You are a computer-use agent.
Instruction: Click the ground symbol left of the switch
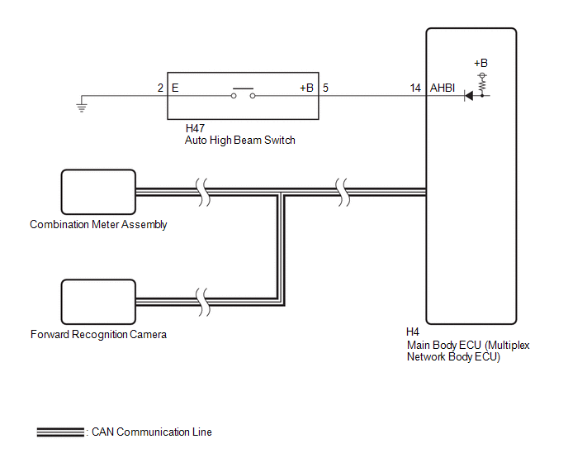[82, 107]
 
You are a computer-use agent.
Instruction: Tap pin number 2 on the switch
[160, 88]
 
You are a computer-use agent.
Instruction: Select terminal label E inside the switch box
[175, 88]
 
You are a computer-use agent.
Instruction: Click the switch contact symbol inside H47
[243, 93]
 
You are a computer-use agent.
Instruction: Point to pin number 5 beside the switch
[325, 88]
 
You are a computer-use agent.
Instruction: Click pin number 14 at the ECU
[415, 88]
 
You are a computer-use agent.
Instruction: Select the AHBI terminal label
[443, 88]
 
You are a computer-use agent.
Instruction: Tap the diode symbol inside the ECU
[469, 96]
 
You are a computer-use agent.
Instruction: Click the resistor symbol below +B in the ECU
[482, 86]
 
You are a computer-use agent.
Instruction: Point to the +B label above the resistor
[481, 63]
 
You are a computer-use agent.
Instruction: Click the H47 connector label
[195, 128]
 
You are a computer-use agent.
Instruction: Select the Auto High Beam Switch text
[239, 140]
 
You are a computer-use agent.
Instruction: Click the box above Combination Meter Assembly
[98, 192]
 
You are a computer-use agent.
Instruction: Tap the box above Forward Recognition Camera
[98, 302]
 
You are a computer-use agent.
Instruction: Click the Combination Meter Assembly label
[98, 225]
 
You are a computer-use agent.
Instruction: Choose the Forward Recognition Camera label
[98, 334]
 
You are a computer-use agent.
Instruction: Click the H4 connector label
[413, 332]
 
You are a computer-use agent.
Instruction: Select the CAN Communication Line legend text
[152, 432]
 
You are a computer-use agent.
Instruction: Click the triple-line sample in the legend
[60, 432]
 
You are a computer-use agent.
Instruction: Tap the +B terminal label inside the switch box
[306, 88]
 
